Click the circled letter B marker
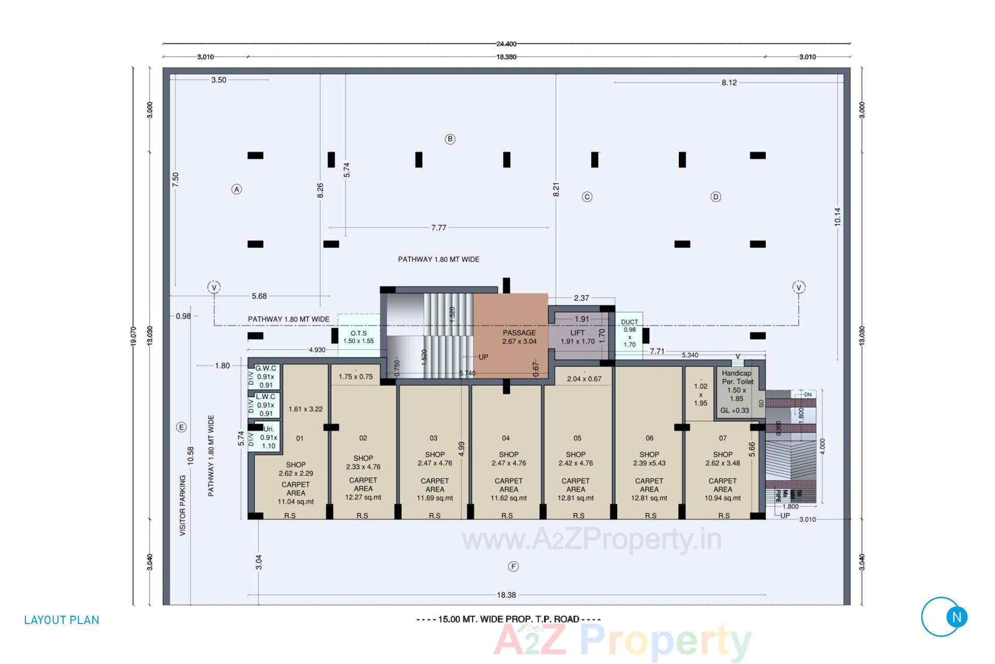point(450,139)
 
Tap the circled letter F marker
point(513,566)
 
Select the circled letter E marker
point(181,427)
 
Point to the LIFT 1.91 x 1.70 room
point(577,337)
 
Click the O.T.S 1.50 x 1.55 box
point(358,337)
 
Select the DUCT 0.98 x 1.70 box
point(629,334)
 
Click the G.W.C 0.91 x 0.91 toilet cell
point(265,377)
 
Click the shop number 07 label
point(722,438)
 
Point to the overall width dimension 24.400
point(506,44)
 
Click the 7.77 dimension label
point(438,228)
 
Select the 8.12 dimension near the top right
point(729,82)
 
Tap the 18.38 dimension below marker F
point(506,595)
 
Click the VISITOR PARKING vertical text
point(182,505)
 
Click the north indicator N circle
point(956,617)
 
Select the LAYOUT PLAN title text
point(62,620)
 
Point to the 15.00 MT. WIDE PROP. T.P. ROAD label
point(508,619)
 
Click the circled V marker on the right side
point(799,287)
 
